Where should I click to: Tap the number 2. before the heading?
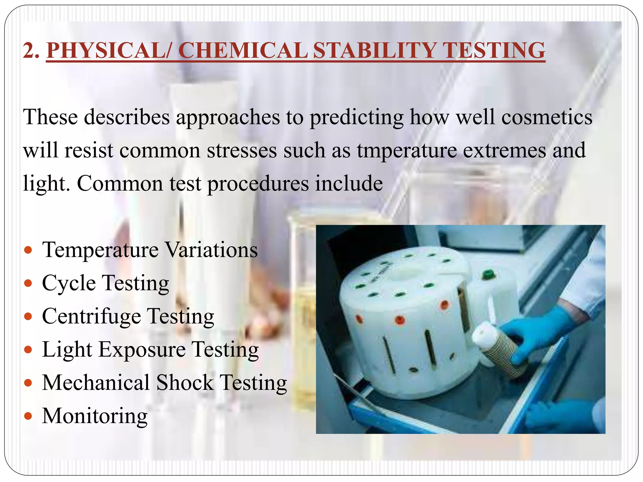coord(31,50)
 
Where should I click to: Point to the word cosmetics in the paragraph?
coord(547,117)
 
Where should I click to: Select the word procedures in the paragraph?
coord(258,184)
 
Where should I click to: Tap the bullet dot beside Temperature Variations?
coord(28,250)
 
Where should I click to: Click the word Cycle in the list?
coord(69,283)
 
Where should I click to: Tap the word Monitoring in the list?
coord(95,416)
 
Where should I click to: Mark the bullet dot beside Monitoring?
coord(28,416)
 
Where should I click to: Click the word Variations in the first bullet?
coord(211,250)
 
